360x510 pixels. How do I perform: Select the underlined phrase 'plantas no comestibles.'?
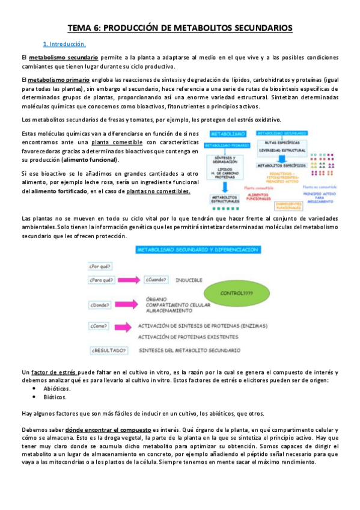[x=159, y=191]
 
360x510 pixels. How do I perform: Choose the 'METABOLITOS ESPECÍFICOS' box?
[x=282, y=164]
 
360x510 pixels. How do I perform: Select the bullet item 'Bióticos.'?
[x=55, y=397]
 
